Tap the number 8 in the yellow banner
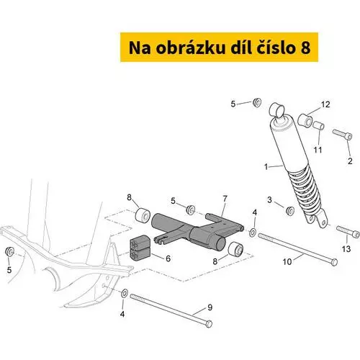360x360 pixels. click(x=305, y=48)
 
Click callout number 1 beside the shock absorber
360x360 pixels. click(x=266, y=166)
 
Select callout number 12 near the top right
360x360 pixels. click(x=325, y=104)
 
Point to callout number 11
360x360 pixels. click(x=318, y=150)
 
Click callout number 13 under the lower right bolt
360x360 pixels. click(x=346, y=249)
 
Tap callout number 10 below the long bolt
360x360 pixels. click(x=287, y=261)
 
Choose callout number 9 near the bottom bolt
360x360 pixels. click(x=210, y=307)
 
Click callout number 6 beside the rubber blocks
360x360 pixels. click(x=168, y=258)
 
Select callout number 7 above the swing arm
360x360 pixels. click(x=225, y=199)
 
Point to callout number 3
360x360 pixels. click(x=269, y=199)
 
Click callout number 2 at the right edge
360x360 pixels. click(x=350, y=161)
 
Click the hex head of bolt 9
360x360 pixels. click(x=209, y=324)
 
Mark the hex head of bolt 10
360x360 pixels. click(x=334, y=262)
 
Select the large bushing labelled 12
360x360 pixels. click(x=305, y=120)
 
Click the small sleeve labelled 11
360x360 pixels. click(x=318, y=126)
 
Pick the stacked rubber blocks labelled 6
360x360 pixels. click(x=140, y=248)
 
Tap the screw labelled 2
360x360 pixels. click(x=343, y=135)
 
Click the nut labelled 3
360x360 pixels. click(x=290, y=210)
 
